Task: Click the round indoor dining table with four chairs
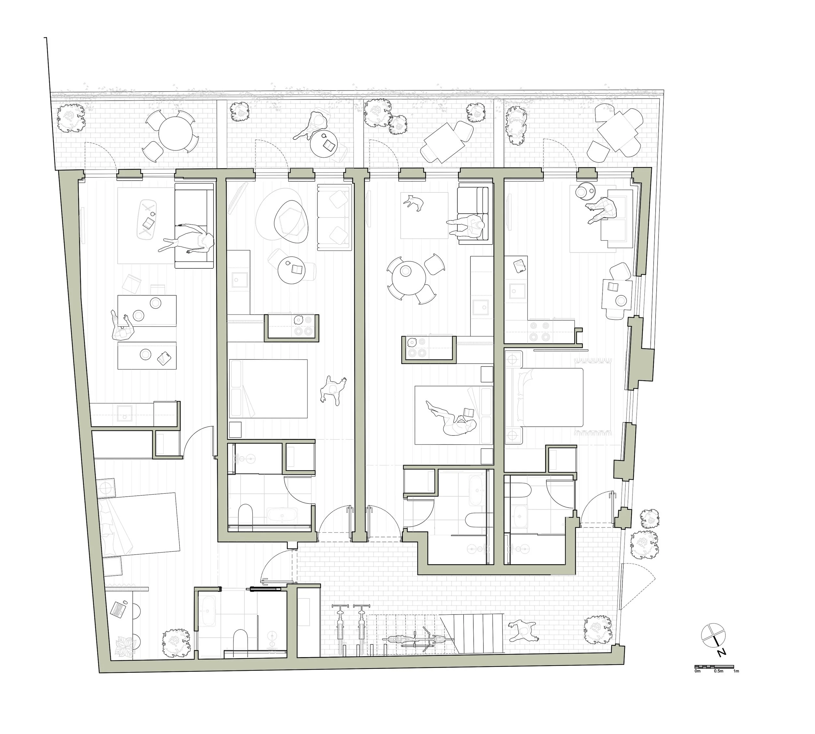407,278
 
